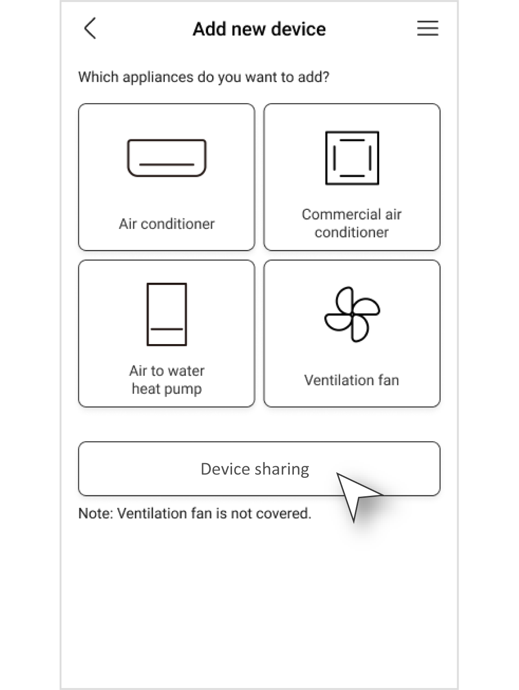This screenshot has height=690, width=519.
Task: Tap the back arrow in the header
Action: click(90, 28)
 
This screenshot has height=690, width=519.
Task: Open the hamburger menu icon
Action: click(428, 28)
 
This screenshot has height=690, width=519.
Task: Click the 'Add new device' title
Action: click(259, 29)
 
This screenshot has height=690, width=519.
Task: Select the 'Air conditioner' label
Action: click(167, 224)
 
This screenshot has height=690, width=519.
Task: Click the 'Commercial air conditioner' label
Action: click(352, 223)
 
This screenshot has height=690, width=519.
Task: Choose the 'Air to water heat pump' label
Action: click(167, 380)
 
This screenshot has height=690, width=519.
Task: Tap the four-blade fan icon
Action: click(352, 314)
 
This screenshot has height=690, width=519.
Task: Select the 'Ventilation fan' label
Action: click(352, 380)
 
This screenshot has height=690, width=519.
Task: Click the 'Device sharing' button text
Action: click(255, 470)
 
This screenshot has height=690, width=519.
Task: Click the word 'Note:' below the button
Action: click(95, 513)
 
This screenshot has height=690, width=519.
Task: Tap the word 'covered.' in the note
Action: click(283, 513)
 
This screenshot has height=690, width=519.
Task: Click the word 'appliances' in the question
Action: click(158, 77)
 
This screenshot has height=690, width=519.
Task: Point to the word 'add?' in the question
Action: click(313, 77)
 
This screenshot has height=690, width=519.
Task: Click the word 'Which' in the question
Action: click(98, 77)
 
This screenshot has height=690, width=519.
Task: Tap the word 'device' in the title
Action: click(298, 29)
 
